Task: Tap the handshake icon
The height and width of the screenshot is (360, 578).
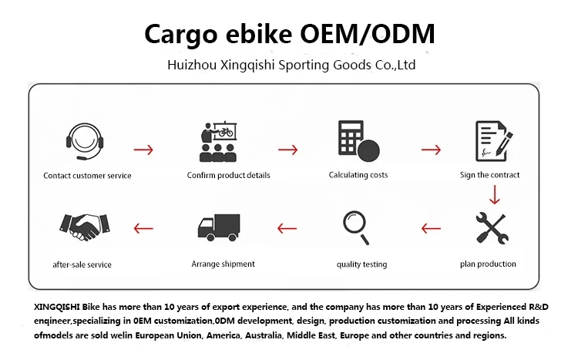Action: tap(82, 226)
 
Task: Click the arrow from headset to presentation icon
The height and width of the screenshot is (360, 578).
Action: tap(143, 149)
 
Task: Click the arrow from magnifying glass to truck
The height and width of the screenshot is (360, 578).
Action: tap(287, 228)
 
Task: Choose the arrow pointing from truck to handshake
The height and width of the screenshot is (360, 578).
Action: tap(144, 228)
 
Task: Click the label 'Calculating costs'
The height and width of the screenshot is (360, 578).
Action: tap(358, 175)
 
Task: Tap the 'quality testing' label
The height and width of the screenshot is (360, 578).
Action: tap(361, 264)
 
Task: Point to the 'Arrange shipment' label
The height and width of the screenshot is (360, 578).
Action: tap(223, 264)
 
